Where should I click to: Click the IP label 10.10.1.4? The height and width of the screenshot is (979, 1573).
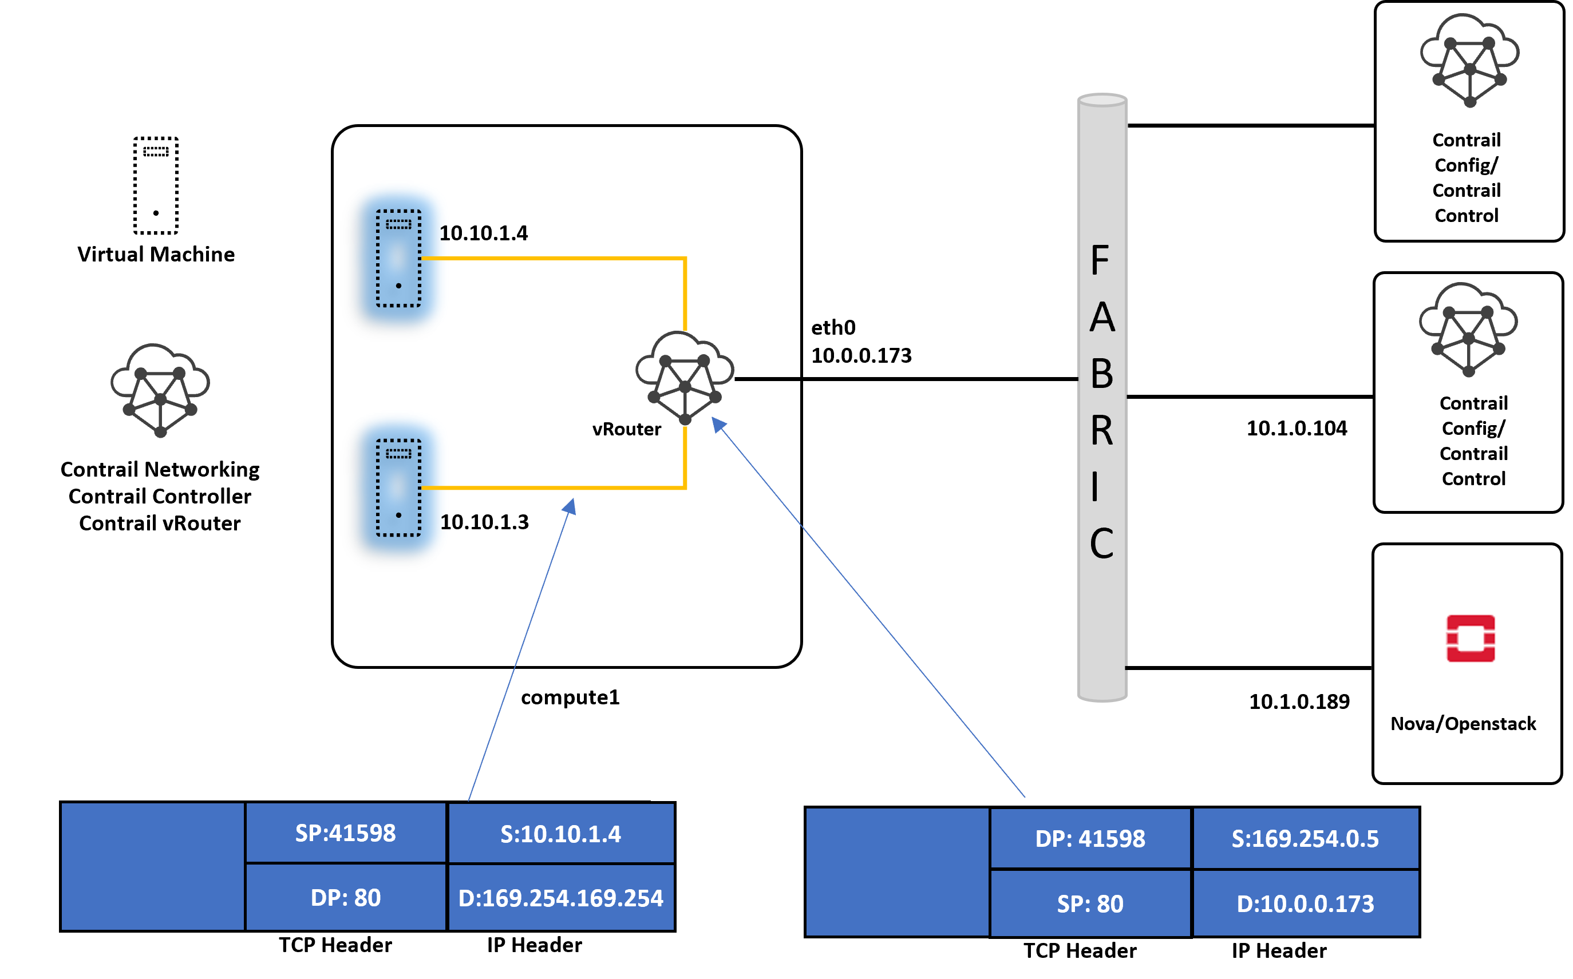click(483, 233)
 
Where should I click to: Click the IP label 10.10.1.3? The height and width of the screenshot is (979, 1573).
click(484, 522)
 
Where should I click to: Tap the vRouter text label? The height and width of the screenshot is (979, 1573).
click(626, 429)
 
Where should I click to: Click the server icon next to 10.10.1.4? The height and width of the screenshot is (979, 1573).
click(398, 257)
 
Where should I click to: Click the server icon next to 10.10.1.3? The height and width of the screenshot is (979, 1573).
click(398, 487)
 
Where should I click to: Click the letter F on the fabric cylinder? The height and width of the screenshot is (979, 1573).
click(1100, 260)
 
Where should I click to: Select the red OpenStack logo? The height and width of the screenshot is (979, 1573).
click(1470, 639)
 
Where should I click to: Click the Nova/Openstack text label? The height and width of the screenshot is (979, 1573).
click(1463, 723)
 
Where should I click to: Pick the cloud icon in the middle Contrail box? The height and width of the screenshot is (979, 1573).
click(1468, 330)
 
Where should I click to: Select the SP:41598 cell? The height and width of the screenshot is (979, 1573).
click(345, 833)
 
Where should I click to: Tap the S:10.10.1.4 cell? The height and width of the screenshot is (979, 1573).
click(561, 834)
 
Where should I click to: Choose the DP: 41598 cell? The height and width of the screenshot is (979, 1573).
click(1090, 838)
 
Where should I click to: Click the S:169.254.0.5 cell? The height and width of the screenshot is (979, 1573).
click(1305, 838)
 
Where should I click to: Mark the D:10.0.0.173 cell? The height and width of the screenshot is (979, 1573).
click(1305, 903)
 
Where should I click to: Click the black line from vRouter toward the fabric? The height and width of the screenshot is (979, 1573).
click(768, 378)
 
